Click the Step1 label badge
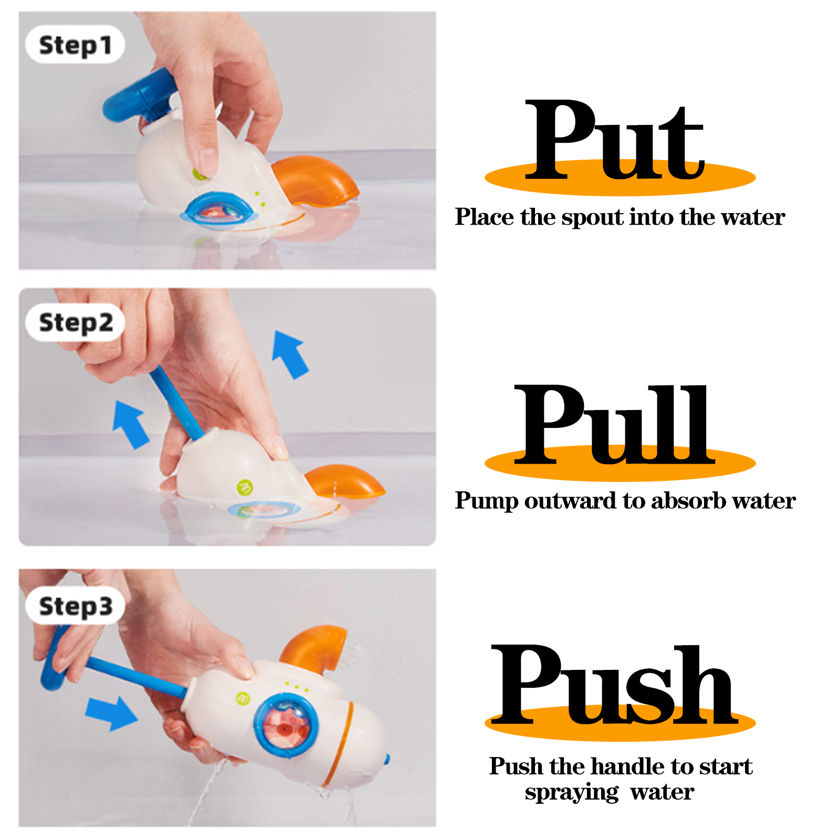75,45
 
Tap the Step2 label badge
75,322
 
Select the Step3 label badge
75,605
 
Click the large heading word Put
614,140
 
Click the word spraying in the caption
572,793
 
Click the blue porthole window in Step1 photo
220,211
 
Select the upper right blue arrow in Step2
289,354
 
